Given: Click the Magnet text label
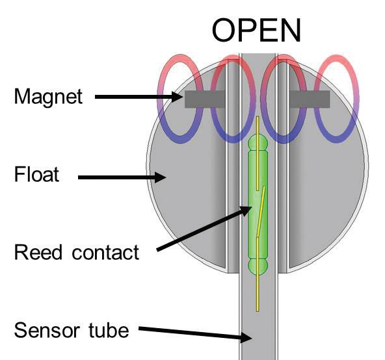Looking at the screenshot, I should point(49,97).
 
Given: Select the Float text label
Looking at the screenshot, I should point(37,175).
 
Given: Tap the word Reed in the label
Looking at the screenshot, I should point(38,252).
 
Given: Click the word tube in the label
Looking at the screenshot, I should point(109,330).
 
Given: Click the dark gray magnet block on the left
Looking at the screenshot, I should point(204,99).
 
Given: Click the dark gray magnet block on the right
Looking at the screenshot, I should point(310,99).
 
